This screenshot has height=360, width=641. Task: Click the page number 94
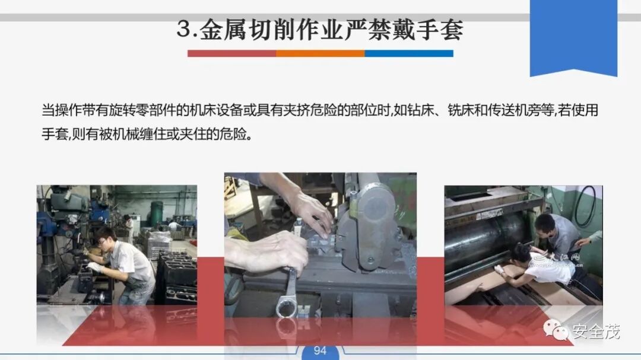click(320, 351)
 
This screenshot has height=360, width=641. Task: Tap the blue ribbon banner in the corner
click(573, 37)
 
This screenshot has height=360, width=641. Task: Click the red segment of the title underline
click(232, 53)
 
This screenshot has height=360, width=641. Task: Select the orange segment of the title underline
click(320, 53)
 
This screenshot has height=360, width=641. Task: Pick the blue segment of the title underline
click(409, 53)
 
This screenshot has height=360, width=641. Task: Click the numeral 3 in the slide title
click(185, 30)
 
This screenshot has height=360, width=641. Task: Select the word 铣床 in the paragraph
click(461, 110)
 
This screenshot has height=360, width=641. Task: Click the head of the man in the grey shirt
click(545, 225)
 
